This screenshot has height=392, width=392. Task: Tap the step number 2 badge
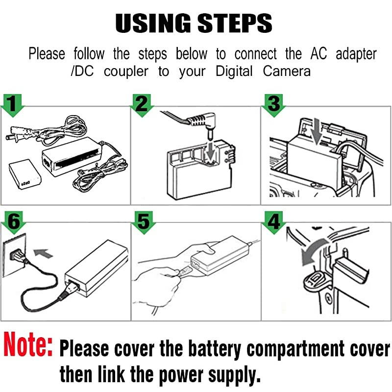(x=143, y=103)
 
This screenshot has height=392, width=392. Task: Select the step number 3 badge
(x=273, y=103)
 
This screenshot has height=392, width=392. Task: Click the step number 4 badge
(x=273, y=222)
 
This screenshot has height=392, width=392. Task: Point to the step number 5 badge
(x=143, y=222)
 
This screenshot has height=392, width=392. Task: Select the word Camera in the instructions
(x=287, y=71)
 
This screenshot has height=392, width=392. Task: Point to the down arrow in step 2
(x=210, y=149)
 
